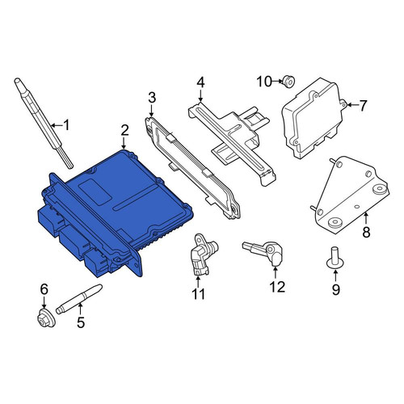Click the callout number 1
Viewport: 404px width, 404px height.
pos(66,125)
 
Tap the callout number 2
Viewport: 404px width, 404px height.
pos(124,130)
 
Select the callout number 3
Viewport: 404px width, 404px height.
pos(152,98)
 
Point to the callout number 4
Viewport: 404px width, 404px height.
pos(200,83)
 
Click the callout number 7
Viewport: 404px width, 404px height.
pos(363,106)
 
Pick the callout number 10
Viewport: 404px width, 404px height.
pos(264,82)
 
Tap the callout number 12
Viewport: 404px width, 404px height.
pos(277,287)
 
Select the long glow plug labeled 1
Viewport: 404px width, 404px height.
pos(43,123)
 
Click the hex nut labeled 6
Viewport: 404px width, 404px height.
pos(46,318)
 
